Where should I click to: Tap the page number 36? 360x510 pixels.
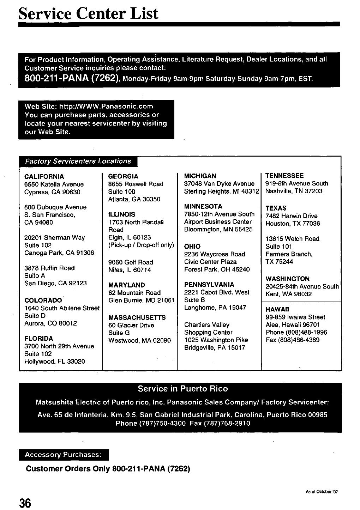25,503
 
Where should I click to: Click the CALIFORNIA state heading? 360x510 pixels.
44,177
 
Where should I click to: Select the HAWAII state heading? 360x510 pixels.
276,309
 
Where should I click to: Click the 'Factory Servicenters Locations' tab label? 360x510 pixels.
78,162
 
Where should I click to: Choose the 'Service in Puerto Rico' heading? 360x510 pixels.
183,389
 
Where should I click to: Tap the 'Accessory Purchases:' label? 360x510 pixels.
63,455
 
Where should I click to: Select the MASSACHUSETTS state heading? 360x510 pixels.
137,317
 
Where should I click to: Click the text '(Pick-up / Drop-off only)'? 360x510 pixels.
141,245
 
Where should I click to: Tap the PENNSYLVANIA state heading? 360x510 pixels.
209,285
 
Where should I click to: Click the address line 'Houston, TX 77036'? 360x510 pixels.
293,223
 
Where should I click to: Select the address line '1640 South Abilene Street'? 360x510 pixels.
62,308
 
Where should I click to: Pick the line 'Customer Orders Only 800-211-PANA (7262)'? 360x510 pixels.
108,469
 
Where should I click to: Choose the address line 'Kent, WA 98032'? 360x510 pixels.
288,294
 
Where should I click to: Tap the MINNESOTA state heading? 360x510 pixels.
203,206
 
